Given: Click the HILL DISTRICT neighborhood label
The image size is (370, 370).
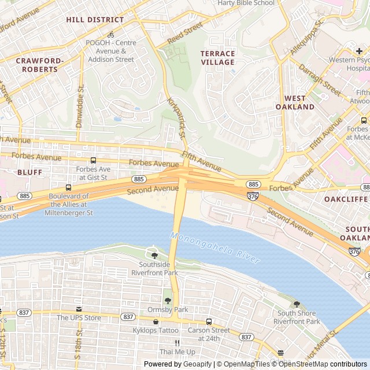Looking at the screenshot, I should [x=95, y=20].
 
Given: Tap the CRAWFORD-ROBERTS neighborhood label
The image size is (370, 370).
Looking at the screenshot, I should [x=37, y=65].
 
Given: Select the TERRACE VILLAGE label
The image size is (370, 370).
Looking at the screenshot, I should [x=217, y=58].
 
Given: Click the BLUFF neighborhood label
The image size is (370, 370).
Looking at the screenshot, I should [x=29, y=172].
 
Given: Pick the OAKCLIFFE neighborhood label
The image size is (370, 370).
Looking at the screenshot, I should [x=346, y=199].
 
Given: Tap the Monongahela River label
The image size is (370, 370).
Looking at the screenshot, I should [x=215, y=247].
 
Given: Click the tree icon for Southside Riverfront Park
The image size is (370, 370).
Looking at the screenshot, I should [x=154, y=255].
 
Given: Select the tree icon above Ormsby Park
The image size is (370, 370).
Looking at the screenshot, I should [x=168, y=301].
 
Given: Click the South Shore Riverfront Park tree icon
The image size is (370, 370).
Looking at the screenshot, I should [x=297, y=304].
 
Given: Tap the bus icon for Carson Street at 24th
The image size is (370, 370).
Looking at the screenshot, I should [x=209, y=321].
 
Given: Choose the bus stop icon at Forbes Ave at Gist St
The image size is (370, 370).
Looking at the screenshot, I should [x=93, y=161].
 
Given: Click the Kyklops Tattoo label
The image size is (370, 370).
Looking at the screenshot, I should [x=155, y=330].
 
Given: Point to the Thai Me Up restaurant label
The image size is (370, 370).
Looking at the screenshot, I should [x=177, y=351].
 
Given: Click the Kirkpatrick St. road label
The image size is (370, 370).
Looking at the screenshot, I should [x=175, y=118].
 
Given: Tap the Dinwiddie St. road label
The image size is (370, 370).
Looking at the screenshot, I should [x=80, y=106].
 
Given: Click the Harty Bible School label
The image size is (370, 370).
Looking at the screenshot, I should [x=246, y=3].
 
